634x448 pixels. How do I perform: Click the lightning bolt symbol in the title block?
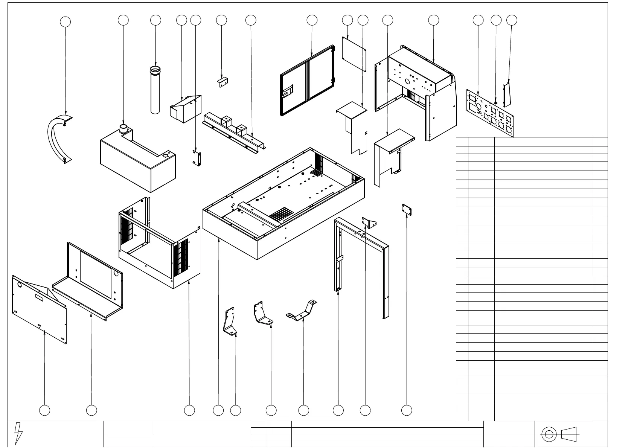(18, 433)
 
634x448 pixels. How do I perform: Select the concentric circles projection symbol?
(549, 434)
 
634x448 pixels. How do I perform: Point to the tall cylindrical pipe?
(155, 90)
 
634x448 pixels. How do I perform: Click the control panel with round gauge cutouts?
(490, 113)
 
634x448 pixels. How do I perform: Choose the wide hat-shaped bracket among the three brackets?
(302, 310)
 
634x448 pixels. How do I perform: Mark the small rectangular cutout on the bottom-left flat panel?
(39, 297)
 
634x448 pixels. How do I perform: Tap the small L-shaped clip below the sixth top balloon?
(223, 81)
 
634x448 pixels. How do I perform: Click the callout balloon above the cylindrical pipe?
(155, 20)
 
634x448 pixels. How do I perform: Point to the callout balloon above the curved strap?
(66, 22)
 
